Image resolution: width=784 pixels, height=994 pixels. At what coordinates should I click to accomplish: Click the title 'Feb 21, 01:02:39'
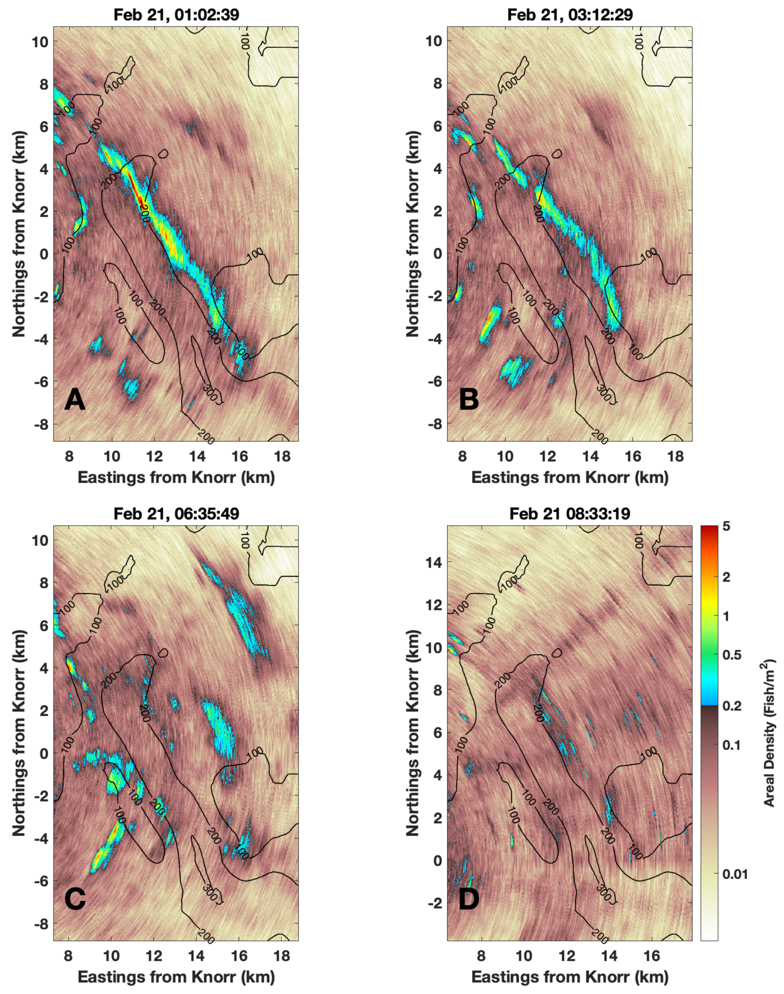click(176, 15)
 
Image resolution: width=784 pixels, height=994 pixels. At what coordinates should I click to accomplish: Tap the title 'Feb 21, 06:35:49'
click(176, 513)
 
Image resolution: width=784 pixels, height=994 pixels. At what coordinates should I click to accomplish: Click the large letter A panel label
click(75, 400)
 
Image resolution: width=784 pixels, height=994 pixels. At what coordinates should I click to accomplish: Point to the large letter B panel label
click(469, 400)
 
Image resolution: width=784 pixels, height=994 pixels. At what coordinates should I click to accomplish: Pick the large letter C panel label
click(75, 899)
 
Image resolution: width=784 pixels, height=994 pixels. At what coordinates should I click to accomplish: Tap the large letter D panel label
click(469, 899)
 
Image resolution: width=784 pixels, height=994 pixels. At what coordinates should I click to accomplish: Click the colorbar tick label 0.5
click(732, 655)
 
